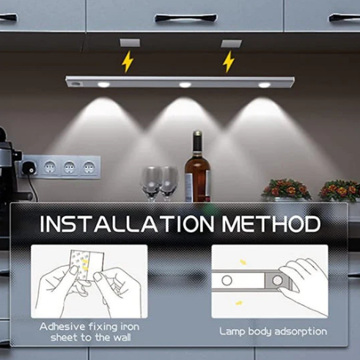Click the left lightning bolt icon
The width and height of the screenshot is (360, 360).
pos(128,62)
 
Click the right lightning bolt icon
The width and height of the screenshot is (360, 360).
pos(229,62)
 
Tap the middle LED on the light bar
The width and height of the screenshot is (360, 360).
pos(184,85)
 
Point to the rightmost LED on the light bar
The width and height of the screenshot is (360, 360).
pos(264,85)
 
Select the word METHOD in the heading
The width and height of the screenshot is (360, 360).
pos(272,224)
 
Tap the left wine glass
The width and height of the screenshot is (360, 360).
pos(151,182)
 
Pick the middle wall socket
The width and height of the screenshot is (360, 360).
pos(70,167)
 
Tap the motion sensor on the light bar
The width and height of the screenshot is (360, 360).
pos(78,85)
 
